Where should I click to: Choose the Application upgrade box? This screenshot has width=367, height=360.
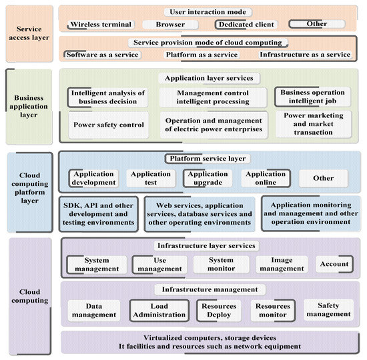(208, 178)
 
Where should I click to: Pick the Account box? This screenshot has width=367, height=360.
(334, 264)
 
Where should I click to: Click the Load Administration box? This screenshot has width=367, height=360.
(159, 310)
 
